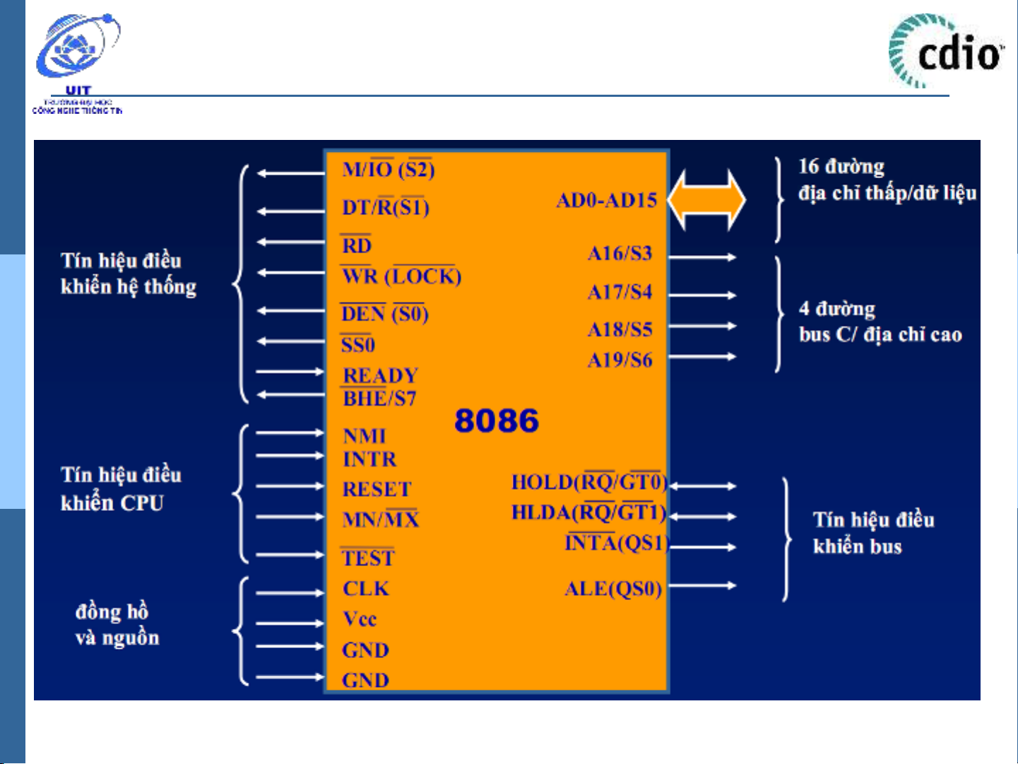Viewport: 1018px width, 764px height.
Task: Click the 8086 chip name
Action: pyautogui.click(x=496, y=421)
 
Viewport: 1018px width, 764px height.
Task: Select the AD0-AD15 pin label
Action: pyautogui.click(x=606, y=200)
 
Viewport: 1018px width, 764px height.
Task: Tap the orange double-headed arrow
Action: pyautogui.click(x=706, y=200)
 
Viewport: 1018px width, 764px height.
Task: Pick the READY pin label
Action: pyautogui.click(x=380, y=375)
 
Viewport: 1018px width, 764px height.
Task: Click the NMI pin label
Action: pyautogui.click(x=364, y=435)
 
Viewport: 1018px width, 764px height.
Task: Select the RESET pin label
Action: pyautogui.click(x=377, y=489)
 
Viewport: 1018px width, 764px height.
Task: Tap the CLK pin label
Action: pyautogui.click(x=365, y=589)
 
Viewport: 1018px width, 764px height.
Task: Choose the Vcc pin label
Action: pyautogui.click(x=360, y=619)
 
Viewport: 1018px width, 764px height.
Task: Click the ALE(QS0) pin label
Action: pyautogui.click(x=612, y=589)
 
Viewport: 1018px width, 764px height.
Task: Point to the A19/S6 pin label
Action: pyautogui.click(x=620, y=360)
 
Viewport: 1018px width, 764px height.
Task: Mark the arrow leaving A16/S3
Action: pyautogui.click(x=702, y=257)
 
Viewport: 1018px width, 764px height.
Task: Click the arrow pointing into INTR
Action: pyautogui.click(x=289, y=456)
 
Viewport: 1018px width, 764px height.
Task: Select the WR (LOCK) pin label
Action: pyautogui.click(x=401, y=276)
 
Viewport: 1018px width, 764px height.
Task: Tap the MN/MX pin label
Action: pyautogui.click(x=380, y=519)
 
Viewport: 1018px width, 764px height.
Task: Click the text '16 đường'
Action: pyautogui.click(x=841, y=167)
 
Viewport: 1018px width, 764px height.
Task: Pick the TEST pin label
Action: pyautogui.click(x=367, y=558)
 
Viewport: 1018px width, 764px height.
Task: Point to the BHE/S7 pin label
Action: pyautogui.click(x=379, y=399)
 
